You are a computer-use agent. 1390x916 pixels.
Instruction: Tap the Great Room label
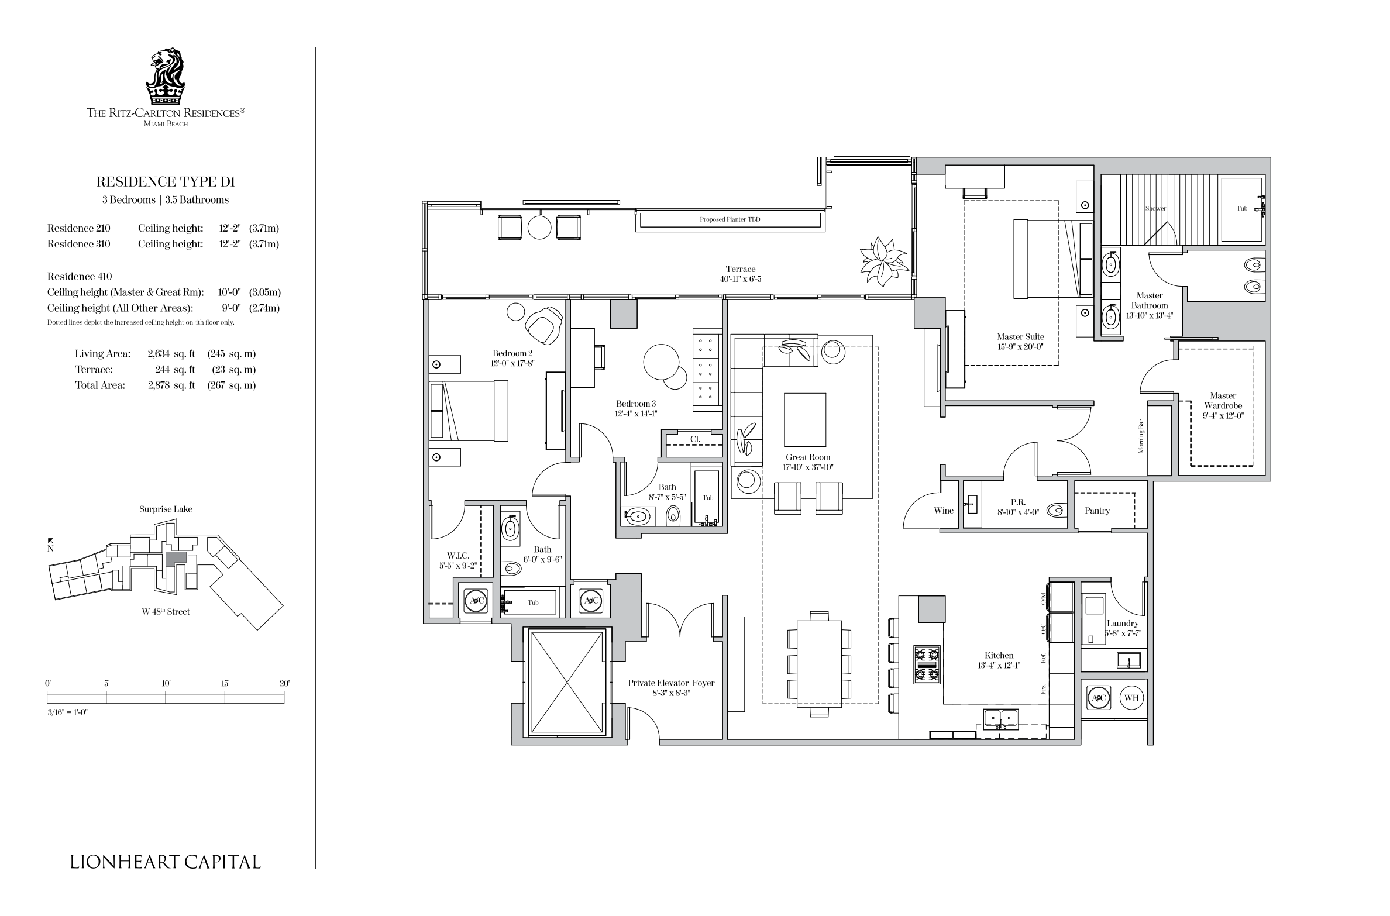[808, 457]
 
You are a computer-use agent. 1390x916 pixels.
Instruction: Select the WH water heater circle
[1131, 698]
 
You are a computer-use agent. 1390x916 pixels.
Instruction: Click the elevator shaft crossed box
[566, 683]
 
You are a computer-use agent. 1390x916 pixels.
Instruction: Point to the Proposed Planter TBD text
[730, 220]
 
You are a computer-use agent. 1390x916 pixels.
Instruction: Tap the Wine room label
[944, 511]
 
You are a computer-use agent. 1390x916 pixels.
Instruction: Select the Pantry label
[1097, 511]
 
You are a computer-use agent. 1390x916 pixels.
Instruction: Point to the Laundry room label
[1123, 624]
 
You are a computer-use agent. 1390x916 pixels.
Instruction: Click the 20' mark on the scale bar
[284, 683]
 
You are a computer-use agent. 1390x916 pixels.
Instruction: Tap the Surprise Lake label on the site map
[166, 509]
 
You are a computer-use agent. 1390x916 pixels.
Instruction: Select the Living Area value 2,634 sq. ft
[171, 354]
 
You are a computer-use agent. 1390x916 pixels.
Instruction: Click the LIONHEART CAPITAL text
[166, 862]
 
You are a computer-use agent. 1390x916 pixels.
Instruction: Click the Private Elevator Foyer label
[671, 683]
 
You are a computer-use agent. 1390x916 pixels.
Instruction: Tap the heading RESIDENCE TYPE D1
[166, 182]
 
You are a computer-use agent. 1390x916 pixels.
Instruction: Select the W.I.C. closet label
[458, 556]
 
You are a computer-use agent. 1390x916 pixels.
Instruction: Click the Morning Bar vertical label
[1141, 436]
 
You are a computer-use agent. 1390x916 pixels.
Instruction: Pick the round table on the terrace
[539, 228]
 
